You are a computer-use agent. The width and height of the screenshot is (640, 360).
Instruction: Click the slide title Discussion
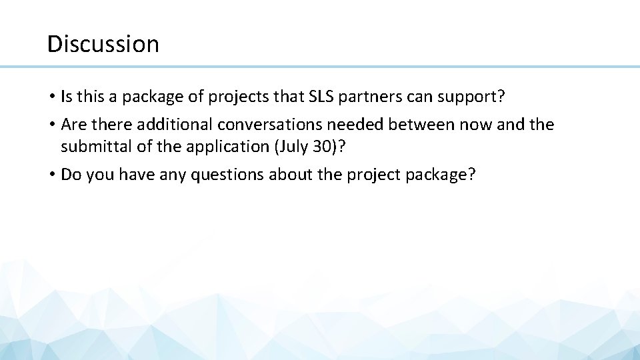click(103, 44)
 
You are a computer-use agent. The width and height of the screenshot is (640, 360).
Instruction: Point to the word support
click(476, 97)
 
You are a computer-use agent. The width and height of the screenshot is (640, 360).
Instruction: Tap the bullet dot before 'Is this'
click(51, 97)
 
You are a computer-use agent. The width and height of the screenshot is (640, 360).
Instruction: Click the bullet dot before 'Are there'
click(51, 125)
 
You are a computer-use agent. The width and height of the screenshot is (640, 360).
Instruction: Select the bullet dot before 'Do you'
click(51, 175)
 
